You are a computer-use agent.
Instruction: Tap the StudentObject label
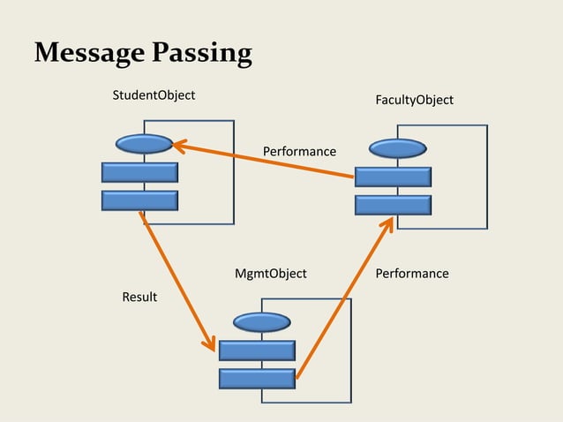[x=154, y=94]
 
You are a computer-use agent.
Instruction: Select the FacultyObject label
[x=414, y=100]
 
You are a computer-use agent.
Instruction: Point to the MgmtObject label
[x=270, y=274]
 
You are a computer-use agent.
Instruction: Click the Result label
[x=139, y=297]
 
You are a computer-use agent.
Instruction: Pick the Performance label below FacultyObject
[x=412, y=274]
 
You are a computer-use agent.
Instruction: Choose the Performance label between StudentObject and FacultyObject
[x=299, y=152]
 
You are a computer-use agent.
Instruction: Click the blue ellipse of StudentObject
[x=143, y=144]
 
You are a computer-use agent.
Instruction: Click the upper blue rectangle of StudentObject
[x=139, y=172]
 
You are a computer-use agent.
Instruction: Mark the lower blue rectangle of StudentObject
[x=139, y=200]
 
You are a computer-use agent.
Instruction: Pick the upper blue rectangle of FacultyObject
[x=393, y=177]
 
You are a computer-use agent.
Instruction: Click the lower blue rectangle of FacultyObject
[x=393, y=206]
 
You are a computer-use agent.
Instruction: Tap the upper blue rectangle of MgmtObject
[x=257, y=350]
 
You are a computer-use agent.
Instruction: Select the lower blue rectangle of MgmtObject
[x=257, y=379]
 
